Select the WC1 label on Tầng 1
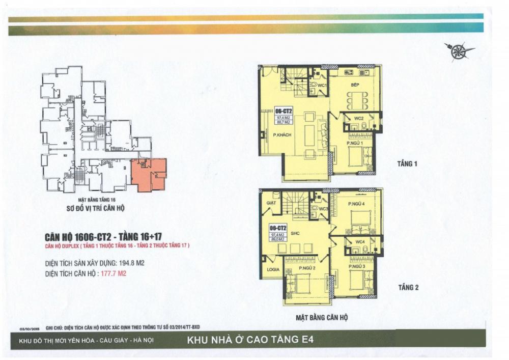322,86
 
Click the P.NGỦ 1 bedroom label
355,144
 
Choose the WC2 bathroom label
358,119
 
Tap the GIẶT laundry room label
271,202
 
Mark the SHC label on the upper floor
295,235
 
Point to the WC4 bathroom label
360,241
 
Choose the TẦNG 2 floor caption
408,288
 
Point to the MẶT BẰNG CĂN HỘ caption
322,317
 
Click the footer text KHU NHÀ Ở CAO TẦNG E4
253,339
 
